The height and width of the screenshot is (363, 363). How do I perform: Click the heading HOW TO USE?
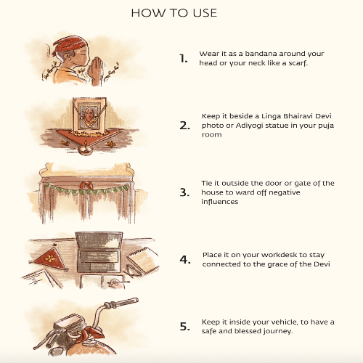click(174, 13)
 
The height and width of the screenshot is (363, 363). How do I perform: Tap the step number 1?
click(184, 59)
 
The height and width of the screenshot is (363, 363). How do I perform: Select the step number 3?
click(184, 192)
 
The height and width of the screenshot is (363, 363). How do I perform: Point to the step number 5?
click(185, 327)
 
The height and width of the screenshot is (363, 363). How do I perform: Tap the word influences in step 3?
click(220, 202)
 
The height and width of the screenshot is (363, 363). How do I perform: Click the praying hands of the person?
click(97, 69)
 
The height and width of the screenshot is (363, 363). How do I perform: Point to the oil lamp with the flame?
click(86, 150)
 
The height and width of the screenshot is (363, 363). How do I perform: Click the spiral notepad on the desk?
click(143, 259)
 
